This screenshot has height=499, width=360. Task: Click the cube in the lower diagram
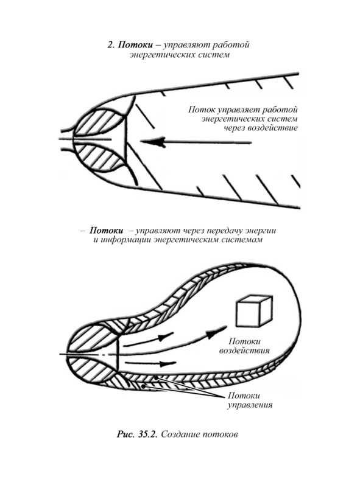click(254, 311)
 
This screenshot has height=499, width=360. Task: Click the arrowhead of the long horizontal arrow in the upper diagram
click(153, 142)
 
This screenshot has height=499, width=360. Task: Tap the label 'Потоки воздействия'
click(245, 346)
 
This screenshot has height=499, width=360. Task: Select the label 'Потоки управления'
click(250, 400)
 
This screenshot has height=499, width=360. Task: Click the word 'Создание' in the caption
click(181, 434)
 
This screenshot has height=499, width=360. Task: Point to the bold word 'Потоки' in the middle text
click(107, 231)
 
